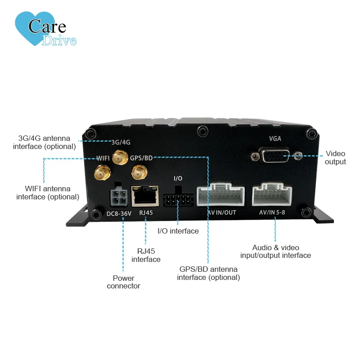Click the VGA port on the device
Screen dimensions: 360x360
coord(275,156)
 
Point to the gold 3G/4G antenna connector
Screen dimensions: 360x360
coord(119,157)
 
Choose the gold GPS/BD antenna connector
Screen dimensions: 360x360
coord(138,171)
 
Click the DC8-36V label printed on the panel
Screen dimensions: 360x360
coord(119,213)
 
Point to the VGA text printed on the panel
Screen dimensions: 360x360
coord(275,139)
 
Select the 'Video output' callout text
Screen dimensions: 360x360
coord(335,157)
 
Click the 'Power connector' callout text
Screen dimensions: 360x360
coord(123,282)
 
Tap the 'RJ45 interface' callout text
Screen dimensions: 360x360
coord(146,255)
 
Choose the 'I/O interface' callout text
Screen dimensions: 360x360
coord(178,231)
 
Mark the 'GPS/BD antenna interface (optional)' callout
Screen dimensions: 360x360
coord(208,273)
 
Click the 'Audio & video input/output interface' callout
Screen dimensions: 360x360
coord(275,252)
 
